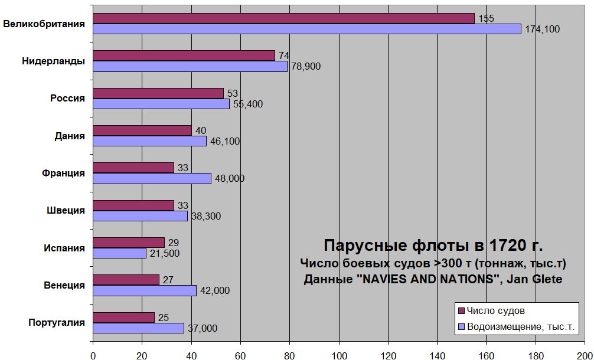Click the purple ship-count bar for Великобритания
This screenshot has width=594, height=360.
coord(283,18)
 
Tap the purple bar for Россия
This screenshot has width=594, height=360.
coord(158,93)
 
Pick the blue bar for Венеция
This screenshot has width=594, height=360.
coord(145,290)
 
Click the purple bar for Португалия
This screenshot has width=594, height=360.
coord(124,318)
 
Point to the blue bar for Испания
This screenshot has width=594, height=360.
coord(119,253)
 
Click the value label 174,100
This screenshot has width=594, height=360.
coord(542,30)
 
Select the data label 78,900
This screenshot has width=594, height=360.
coord(306,67)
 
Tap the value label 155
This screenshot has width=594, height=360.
coord(486,18)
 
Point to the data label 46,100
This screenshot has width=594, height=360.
coord(225,142)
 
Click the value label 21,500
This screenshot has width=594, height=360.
coord(165,254)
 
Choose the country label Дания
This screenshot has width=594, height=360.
coord(70,136)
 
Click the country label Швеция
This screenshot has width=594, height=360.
coord(66,210)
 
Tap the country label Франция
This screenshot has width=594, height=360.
coord(63,173)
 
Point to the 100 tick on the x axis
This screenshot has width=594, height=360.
coord(339,355)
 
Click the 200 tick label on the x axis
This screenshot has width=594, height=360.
coord(585,355)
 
